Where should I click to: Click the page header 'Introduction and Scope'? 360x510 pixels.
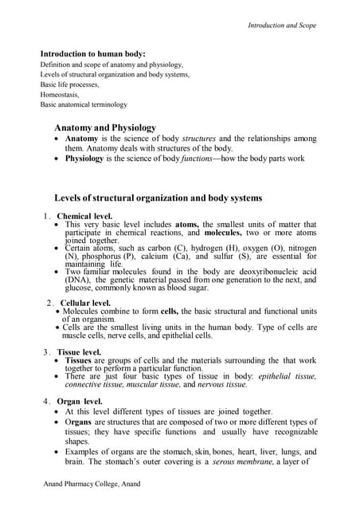tap(282, 25)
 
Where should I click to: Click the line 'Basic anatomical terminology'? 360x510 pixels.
tap(84, 104)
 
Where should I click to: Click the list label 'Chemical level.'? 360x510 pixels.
tap(84, 216)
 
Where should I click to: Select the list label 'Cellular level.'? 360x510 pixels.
tap(85, 303)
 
